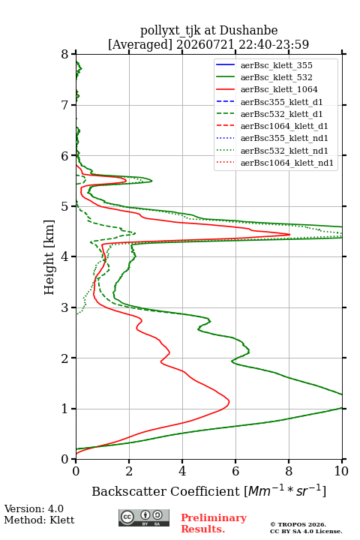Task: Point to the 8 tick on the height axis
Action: point(65,55)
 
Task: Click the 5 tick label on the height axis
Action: point(65,206)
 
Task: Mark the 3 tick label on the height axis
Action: point(65,307)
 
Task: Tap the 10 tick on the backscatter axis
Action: point(341,471)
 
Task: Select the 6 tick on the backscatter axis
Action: point(235,471)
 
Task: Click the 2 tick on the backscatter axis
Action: point(129,471)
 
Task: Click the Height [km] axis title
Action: point(49,257)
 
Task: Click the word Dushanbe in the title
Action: point(248,31)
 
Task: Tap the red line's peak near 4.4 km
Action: point(289,234)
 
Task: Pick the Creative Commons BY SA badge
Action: point(144,517)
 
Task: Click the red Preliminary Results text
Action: point(214,523)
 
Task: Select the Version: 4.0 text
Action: point(34,508)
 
